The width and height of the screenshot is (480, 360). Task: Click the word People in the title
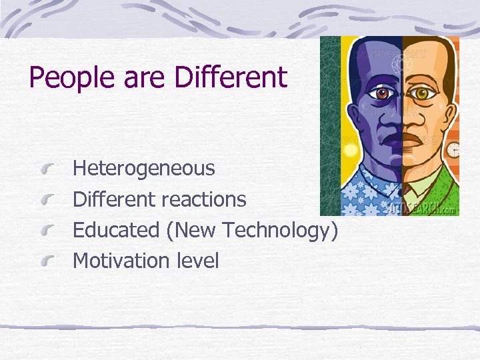point(64,78)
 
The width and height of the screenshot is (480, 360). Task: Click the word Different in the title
point(231,77)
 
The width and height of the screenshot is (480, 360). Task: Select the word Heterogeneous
point(143,168)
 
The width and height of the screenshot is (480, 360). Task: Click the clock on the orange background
point(453,150)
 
